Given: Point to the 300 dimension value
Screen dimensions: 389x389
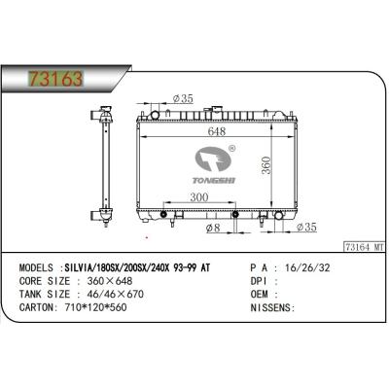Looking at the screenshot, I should [x=199, y=197].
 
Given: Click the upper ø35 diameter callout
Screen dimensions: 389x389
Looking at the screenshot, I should [x=185, y=97].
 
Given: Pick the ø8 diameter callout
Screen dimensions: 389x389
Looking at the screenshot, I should [x=217, y=229].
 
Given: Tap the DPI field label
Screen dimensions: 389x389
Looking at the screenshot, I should [x=260, y=278].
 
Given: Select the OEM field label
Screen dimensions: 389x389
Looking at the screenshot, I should [x=260, y=292].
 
